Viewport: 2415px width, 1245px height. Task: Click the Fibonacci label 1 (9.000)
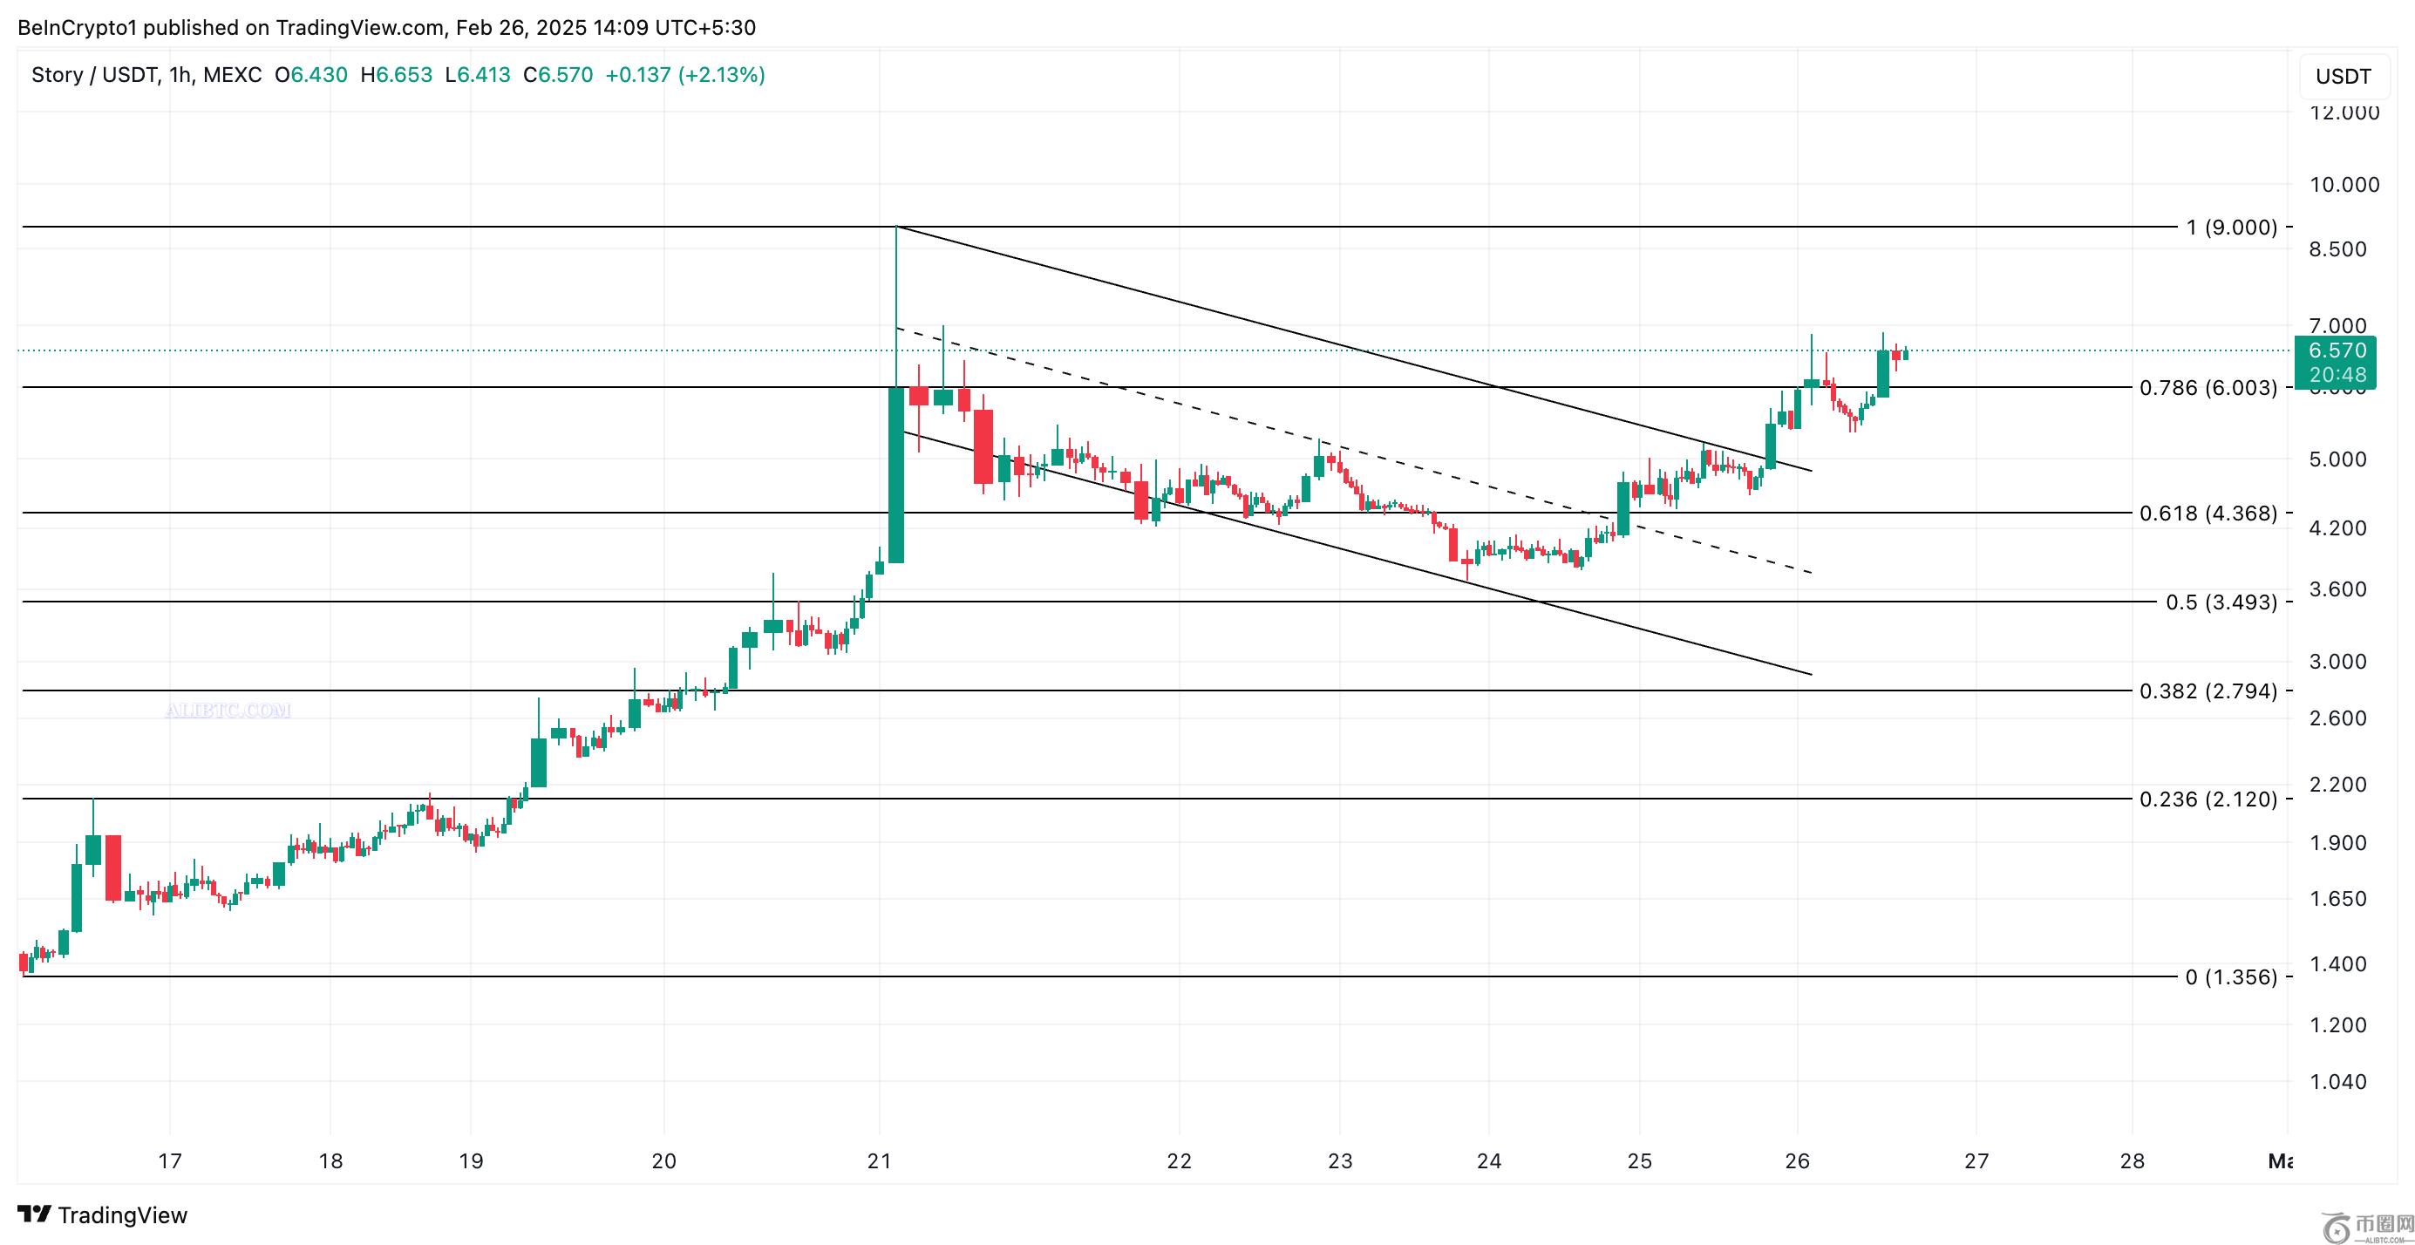pos(2231,227)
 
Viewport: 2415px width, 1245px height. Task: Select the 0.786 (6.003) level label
pos(2208,388)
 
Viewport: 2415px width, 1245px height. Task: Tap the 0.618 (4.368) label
pos(2208,513)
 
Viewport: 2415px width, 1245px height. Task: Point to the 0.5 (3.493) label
pos(2221,602)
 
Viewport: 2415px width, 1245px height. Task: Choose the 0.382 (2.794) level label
pos(2208,691)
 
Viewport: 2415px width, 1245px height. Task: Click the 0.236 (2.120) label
pos(2208,799)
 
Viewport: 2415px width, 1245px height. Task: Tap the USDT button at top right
pos(2343,77)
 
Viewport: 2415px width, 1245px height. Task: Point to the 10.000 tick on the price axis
pos(2344,185)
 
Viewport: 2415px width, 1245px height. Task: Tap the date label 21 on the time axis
pos(880,1160)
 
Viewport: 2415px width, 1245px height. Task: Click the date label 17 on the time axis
pos(170,1160)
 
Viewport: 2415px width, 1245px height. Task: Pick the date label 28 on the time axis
pos(2132,1160)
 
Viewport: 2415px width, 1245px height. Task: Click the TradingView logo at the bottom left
pos(103,1215)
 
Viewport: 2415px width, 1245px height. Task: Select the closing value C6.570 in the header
pos(558,75)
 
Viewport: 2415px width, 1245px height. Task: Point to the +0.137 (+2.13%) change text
pos(685,75)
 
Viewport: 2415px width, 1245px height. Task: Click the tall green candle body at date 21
pos(896,474)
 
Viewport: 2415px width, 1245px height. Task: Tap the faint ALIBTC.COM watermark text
pos(228,711)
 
